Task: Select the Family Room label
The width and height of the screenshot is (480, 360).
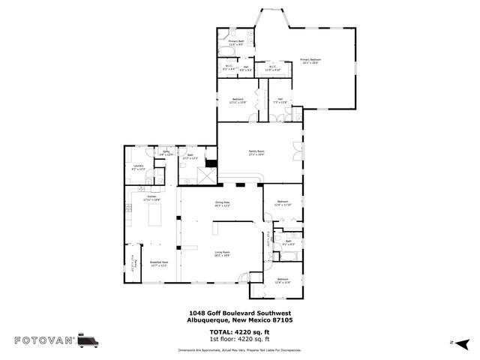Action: pyautogui.click(x=256, y=151)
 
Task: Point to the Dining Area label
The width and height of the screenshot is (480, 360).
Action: pyautogui.click(x=222, y=202)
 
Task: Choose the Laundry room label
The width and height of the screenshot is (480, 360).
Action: pyautogui.click(x=138, y=166)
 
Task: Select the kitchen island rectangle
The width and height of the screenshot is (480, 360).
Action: pyautogui.click(x=156, y=217)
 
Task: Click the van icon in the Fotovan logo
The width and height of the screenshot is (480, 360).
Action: pyautogui.click(x=88, y=340)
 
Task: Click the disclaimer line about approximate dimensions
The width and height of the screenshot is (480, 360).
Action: pyautogui.click(x=240, y=350)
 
